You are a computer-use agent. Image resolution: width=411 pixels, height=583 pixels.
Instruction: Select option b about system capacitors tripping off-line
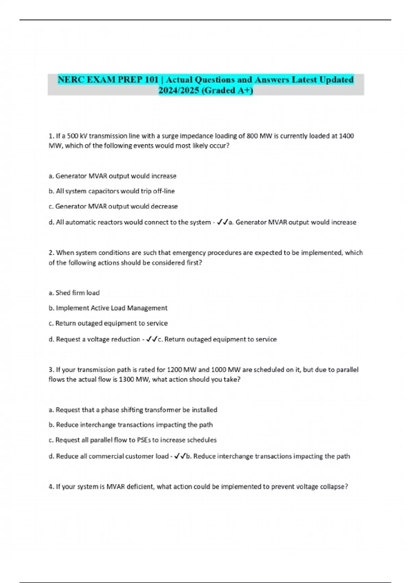112,191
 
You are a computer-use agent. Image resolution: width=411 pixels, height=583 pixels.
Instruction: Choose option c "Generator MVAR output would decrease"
113,206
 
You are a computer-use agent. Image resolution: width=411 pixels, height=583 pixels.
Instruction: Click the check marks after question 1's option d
223,222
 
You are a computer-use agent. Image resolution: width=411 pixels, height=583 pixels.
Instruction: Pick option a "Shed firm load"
74,293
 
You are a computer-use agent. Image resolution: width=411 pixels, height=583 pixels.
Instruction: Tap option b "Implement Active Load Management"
108,308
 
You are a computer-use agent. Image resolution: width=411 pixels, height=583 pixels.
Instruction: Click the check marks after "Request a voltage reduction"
151,339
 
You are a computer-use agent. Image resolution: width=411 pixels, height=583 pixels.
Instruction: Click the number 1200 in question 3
174,370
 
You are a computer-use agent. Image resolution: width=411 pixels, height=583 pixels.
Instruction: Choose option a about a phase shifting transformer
133,409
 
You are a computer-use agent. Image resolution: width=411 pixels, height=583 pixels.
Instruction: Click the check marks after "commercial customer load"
180,456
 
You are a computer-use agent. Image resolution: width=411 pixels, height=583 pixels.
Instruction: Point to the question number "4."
51,486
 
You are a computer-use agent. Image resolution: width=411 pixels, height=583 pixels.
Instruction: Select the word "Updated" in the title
336,80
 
